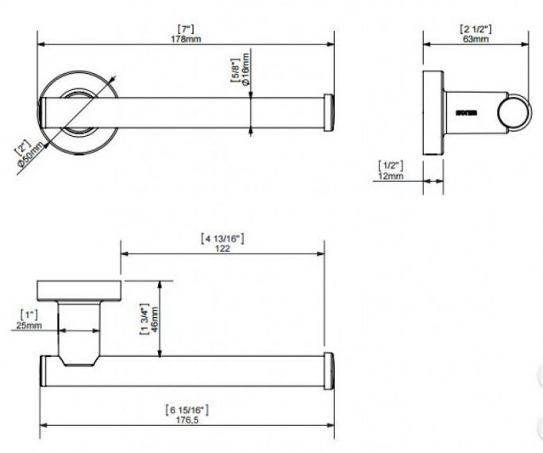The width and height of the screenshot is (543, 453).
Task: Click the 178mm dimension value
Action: [x=187, y=39]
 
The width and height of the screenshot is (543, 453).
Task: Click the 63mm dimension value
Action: [x=476, y=39]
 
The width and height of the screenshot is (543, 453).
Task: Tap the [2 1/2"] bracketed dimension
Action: [x=476, y=29]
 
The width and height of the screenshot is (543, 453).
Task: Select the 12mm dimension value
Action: [x=391, y=176]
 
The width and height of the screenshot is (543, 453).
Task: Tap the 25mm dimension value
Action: [x=28, y=325]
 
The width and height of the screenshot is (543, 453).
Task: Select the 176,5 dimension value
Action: [x=187, y=420]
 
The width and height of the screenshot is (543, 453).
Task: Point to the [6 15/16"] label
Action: [x=187, y=409]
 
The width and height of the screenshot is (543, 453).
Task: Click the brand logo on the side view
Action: [x=465, y=114]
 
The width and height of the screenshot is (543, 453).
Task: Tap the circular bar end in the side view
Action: [x=513, y=114]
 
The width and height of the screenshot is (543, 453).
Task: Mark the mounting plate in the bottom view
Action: [x=79, y=290]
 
